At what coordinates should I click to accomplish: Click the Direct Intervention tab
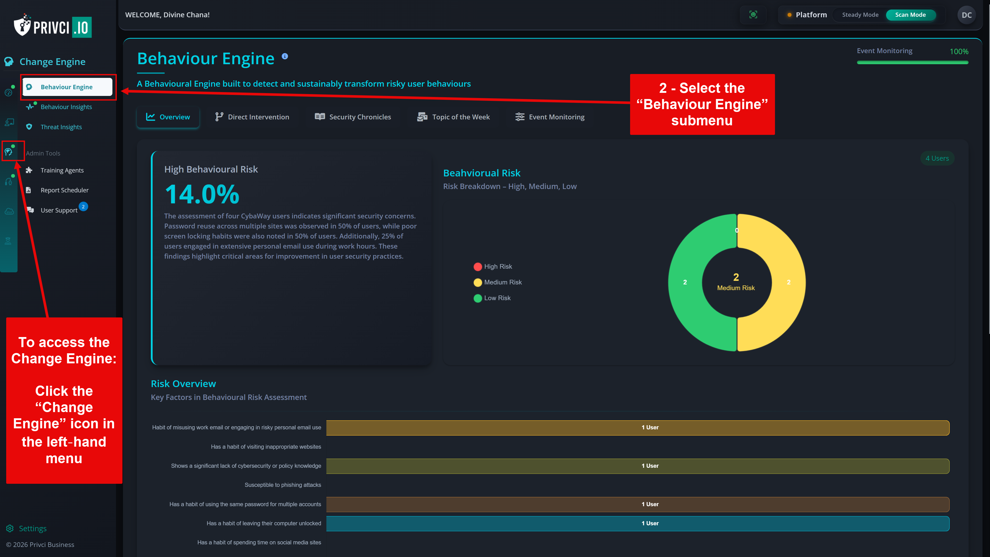click(x=252, y=117)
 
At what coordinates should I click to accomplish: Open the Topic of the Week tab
click(x=453, y=117)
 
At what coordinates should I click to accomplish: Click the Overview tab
click(x=168, y=117)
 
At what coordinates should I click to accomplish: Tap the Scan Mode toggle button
click(x=910, y=15)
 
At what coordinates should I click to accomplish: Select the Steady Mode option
click(x=860, y=15)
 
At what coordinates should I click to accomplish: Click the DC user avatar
click(x=966, y=15)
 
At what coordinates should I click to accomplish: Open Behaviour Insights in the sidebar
click(x=66, y=107)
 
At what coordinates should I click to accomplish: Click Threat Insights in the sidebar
click(x=61, y=127)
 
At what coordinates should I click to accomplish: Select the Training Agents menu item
click(x=62, y=170)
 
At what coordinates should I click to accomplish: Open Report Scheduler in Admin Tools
click(x=64, y=190)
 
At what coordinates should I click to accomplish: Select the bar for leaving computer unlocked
click(x=638, y=523)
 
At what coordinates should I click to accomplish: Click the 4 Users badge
click(x=937, y=158)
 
